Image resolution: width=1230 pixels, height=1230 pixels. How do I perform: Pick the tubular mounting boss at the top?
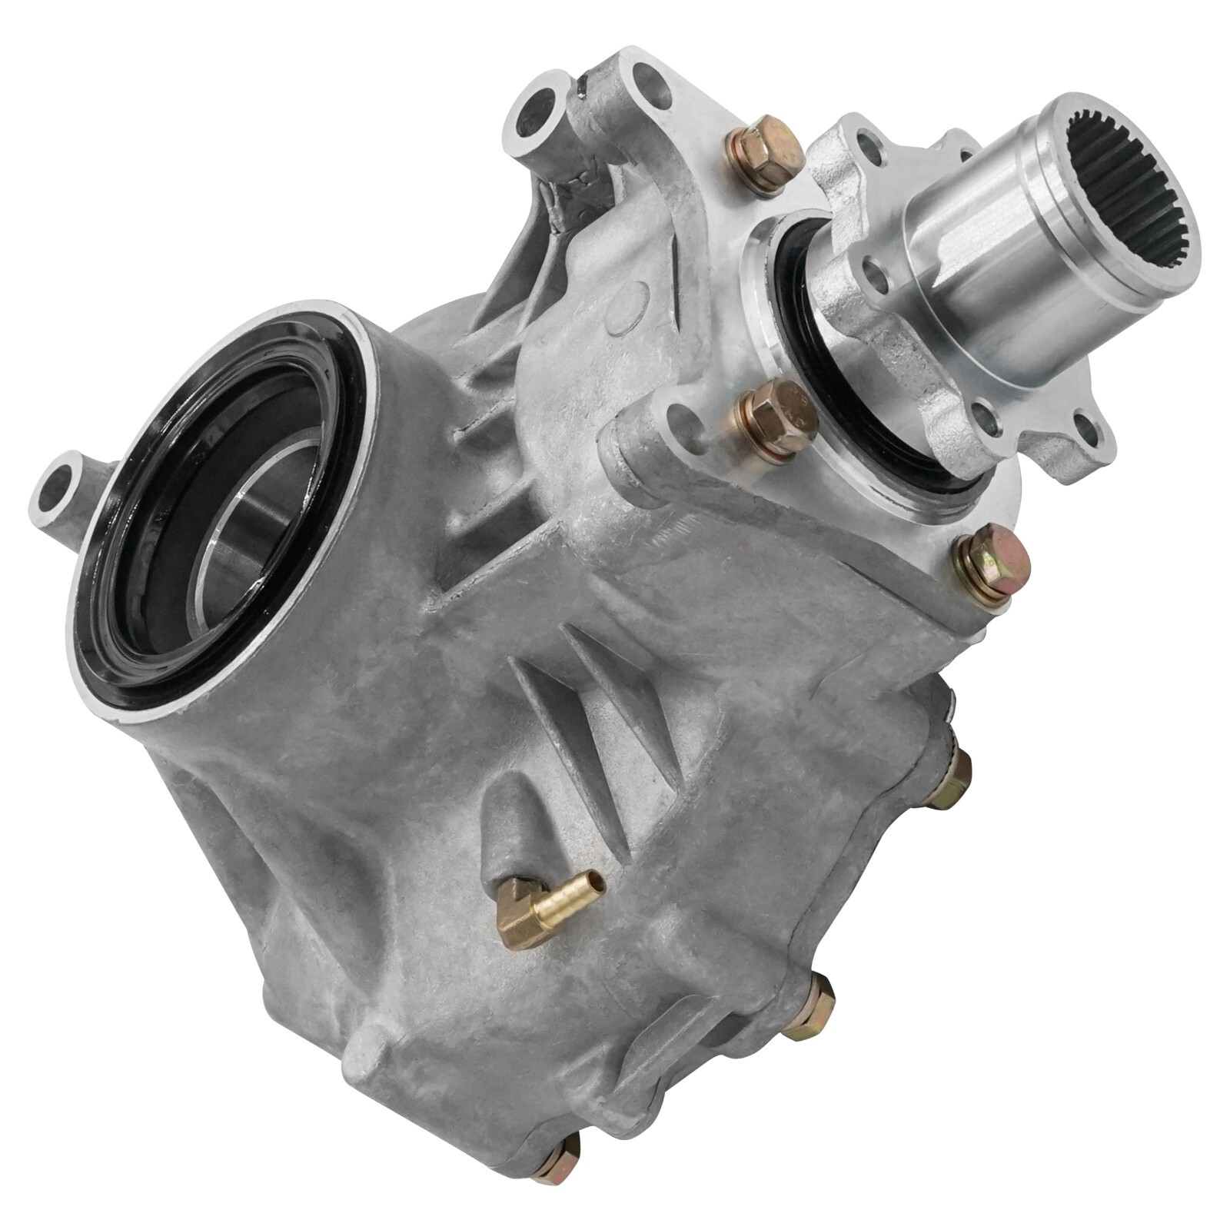[538, 123]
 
